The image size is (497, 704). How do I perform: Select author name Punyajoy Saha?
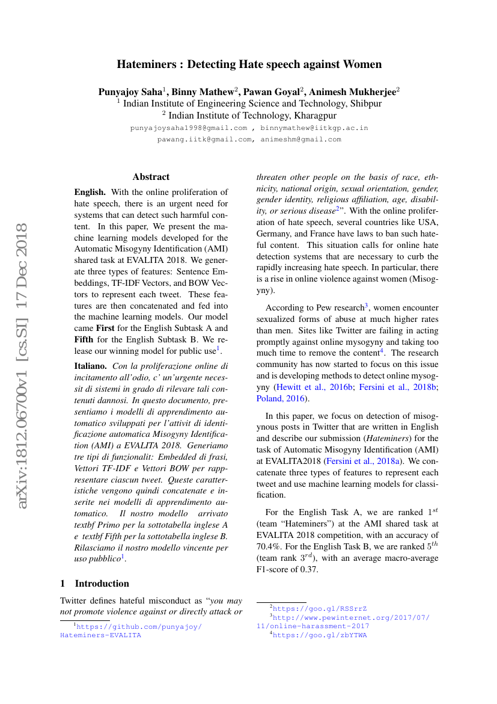click(130, 92)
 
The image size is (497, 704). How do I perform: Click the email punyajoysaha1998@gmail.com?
click(189, 128)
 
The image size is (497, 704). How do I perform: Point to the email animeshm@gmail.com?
click(301, 140)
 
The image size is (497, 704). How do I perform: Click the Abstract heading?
click(151, 177)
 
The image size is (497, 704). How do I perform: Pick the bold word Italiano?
click(91, 365)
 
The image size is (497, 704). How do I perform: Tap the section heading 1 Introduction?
click(94, 584)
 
